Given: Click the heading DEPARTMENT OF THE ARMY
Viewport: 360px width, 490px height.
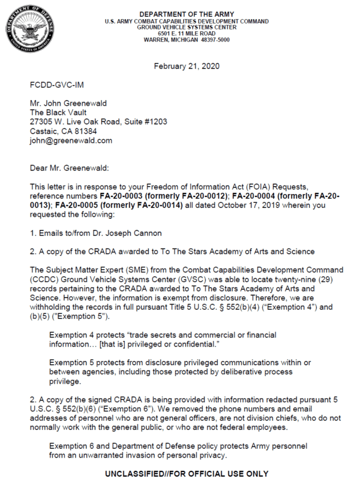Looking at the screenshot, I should (x=187, y=14).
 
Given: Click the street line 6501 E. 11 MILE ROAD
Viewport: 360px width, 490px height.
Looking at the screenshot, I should (x=187, y=34).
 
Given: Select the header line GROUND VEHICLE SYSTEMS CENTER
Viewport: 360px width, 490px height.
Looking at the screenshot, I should (x=187, y=28).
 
